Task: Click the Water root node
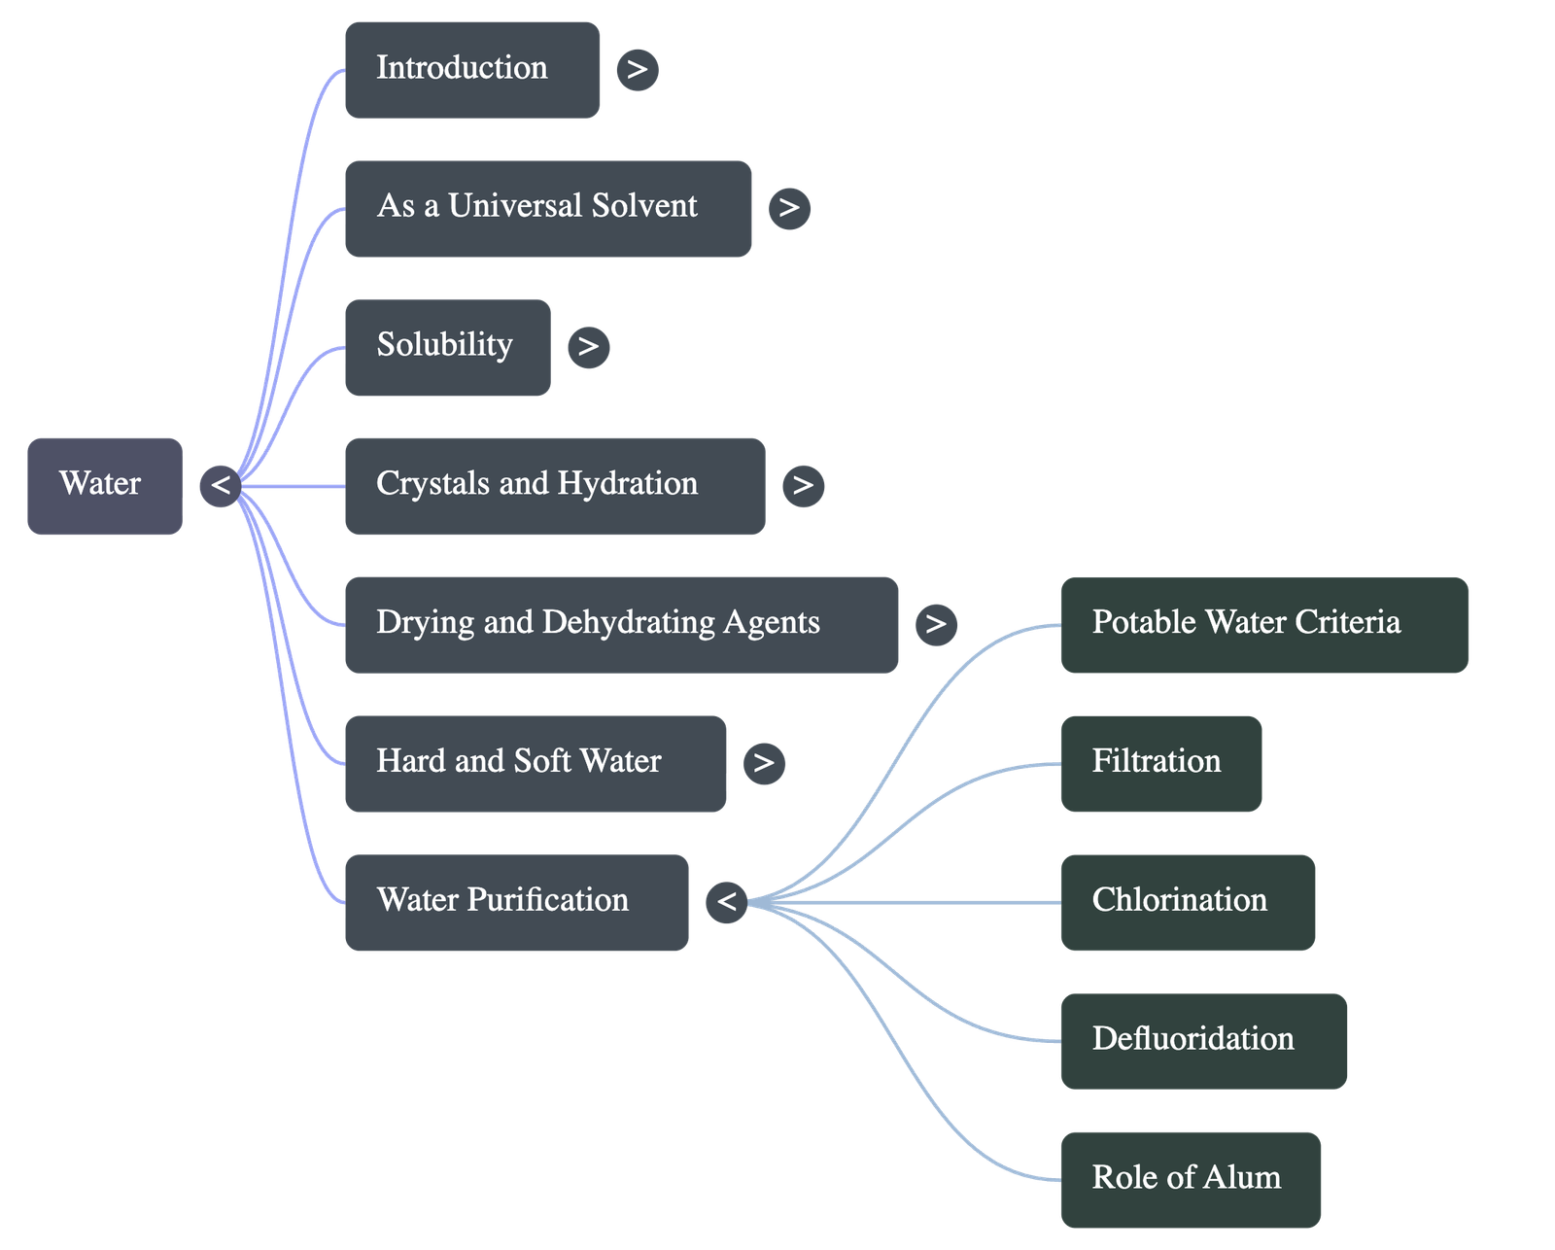pyautogui.click(x=104, y=485)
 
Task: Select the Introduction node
pyautogui.click(x=471, y=70)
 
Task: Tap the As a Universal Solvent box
pyautogui.click(x=547, y=208)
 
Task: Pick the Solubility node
pyautogui.click(x=447, y=347)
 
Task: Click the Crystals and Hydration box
pyautogui.click(x=554, y=485)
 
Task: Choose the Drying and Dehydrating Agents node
pyautogui.click(x=621, y=624)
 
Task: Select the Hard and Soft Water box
pyautogui.click(x=535, y=763)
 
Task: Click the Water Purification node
pyautogui.click(x=516, y=902)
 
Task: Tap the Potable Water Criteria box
pyautogui.click(x=1263, y=624)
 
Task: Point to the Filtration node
pyautogui.click(x=1161, y=763)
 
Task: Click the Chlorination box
pyautogui.click(x=1188, y=902)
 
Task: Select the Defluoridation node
pyautogui.click(x=1203, y=1040)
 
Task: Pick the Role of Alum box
pyautogui.click(x=1191, y=1179)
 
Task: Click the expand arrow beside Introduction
pyautogui.click(x=637, y=70)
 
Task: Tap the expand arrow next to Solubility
pyautogui.click(x=588, y=347)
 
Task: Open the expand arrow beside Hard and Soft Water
pyautogui.click(x=764, y=763)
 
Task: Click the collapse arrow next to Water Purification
pyautogui.click(x=726, y=902)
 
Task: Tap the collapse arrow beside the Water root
pyautogui.click(x=220, y=485)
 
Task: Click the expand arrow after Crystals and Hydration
pyautogui.click(x=803, y=485)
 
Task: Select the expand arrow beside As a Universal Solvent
pyautogui.click(x=789, y=208)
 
